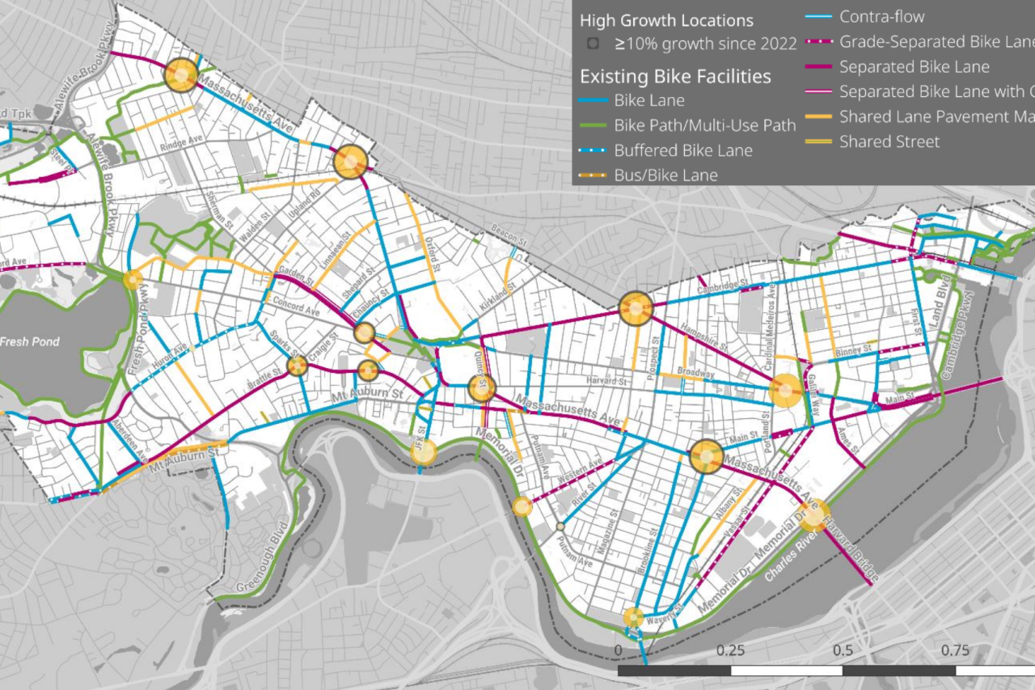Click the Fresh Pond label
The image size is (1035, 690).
click(x=29, y=341)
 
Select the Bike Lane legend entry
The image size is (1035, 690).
click(x=649, y=101)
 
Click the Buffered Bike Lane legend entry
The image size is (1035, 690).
click(x=683, y=150)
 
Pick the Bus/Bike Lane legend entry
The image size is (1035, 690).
click(x=665, y=175)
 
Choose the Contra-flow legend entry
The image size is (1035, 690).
click(x=881, y=16)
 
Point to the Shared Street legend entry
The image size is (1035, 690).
click(x=889, y=142)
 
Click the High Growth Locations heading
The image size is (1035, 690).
click(x=666, y=20)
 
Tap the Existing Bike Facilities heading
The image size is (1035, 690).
click(x=675, y=77)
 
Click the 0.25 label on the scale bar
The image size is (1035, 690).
click(x=730, y=650)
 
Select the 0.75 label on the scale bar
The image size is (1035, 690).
click(x=956, y=650)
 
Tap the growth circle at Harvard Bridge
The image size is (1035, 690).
click(x=814, y=515)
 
